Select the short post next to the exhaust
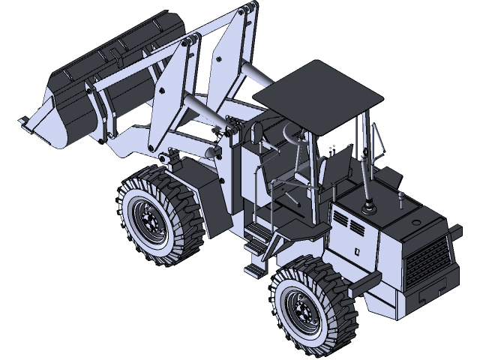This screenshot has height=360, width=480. tap(401, 201)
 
